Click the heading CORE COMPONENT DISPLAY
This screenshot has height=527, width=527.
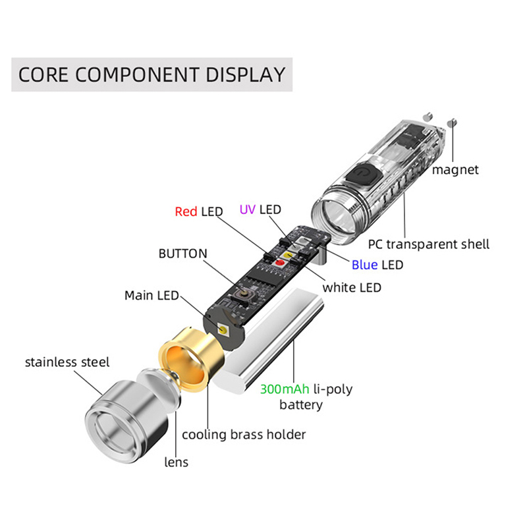coord(152,74)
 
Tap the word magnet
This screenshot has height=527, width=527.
coord(455,170)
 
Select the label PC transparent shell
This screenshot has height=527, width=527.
coord(428,244)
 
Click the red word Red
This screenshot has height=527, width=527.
coord(186,211)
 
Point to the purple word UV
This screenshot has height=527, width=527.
coord(247,209)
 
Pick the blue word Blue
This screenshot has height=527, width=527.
coord(364,265)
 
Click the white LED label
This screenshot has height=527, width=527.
coord(351,287)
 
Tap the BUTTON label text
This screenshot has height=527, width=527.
coord(182,254)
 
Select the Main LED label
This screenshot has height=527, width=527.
coord(152,296)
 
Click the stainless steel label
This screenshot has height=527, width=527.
coord(67,362)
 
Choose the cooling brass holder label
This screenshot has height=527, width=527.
coord(244,434)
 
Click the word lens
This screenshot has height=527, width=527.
coord(176,462)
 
